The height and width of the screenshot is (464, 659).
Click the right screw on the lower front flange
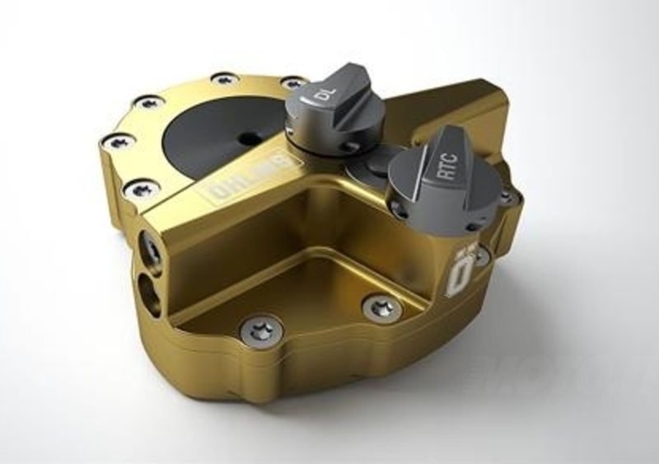point(382,308)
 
